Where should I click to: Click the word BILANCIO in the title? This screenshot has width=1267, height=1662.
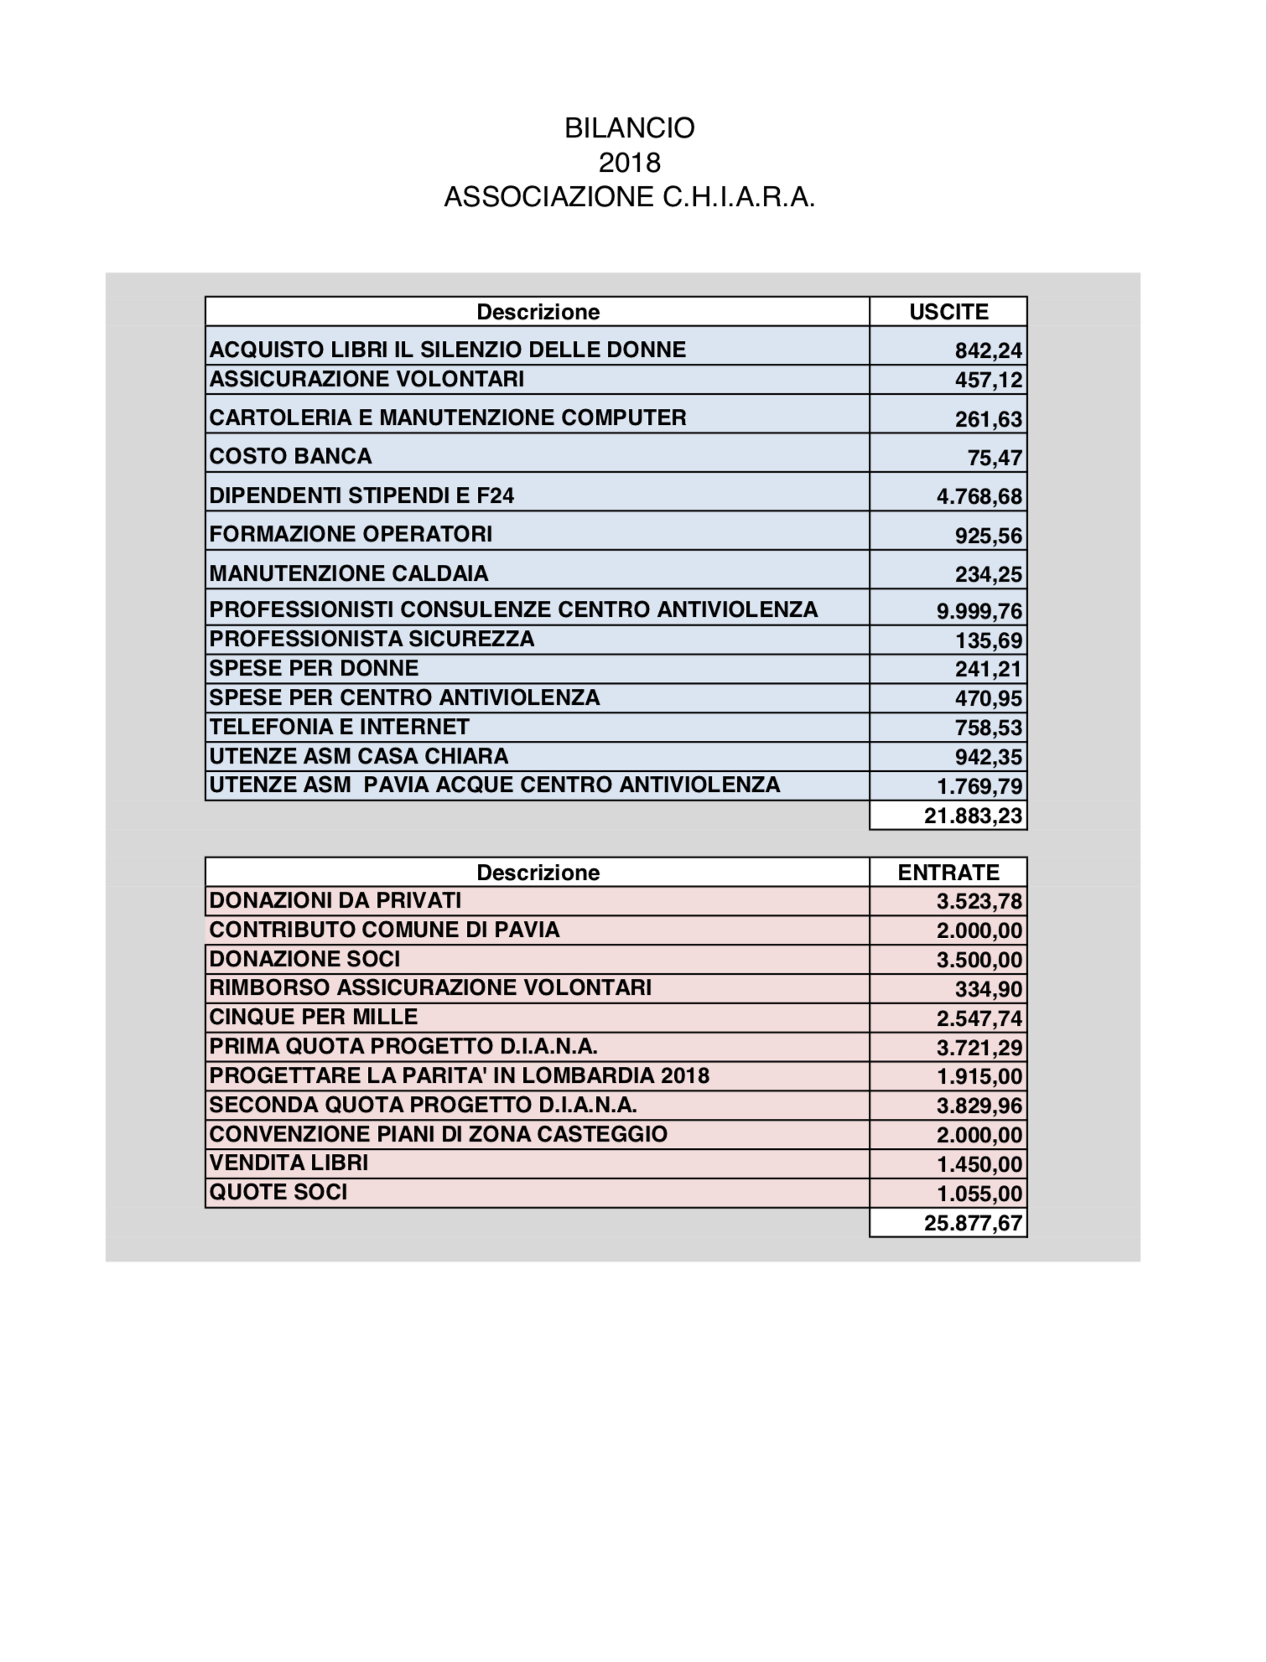pyautogui.click(x=630, y=128)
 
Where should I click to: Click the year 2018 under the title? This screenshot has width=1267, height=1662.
pyautogui.click(x=630, y=162)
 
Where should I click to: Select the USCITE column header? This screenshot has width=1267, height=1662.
pyautogui.click(x=948, y=312)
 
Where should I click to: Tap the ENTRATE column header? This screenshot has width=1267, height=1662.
pyautogui.click(x=948, y=872)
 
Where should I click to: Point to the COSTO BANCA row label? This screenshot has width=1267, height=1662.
pyautogui.click(x=290, y=456)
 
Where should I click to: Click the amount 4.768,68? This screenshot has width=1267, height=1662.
pyautogui.click(x=979, y=496)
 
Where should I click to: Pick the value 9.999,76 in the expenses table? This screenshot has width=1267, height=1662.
pyautogui.click(x=979, y=611)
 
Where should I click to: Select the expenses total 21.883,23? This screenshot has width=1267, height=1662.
pyautogui.click(x=973, y=815)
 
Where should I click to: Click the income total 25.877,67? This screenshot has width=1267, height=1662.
pyautogui.click(x=973, y=1223)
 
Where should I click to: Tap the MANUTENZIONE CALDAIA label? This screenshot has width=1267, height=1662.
pyautogui.click(x=349, y=573)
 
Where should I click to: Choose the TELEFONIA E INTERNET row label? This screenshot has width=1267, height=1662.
pyautogui.click(x=340, y=727)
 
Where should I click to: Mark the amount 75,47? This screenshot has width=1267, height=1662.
pyautogui.click(x=994, y=458)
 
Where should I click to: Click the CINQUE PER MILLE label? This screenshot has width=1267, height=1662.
pyautogui.click(x=314, y=1017)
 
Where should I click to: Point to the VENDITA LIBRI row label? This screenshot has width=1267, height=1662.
pyautogui.click(x=289, y=1162)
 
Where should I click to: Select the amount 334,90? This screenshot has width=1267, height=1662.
pyautogui.click(x=989, y=989)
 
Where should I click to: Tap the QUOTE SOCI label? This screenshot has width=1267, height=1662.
pyautogui.click(x=278, y=1192)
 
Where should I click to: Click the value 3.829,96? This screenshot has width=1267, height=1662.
pyautogui.click(x=979, y=1105)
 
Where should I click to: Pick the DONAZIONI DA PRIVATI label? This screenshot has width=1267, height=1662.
pyautogui.click(x=335, y=900)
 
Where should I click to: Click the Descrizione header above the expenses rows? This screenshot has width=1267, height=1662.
pyautogui.click(x=537, y=312)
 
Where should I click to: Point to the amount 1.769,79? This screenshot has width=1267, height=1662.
pyautogui.click(x=979, y=786)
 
